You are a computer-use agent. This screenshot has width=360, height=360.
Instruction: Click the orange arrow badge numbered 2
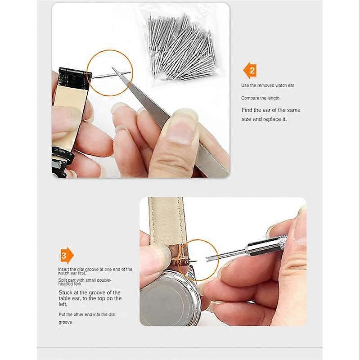(x=250, y=71)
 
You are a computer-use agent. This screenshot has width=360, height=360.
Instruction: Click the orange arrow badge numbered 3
(x=67, y=255)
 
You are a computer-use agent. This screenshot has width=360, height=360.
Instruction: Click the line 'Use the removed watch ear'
(x=267, y=85)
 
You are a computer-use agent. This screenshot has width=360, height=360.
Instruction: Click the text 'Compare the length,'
(x=261, y=98)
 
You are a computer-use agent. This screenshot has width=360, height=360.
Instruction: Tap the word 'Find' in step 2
(x=247, y=110)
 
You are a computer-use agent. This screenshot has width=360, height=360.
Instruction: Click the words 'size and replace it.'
(x=264, y=119)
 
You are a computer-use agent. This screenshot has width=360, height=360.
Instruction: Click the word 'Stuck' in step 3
(x=66, y=292)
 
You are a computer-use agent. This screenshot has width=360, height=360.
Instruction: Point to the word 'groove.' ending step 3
(x=65, y=322)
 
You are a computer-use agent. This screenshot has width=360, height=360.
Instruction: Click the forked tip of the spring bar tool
(x=208, y=259)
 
